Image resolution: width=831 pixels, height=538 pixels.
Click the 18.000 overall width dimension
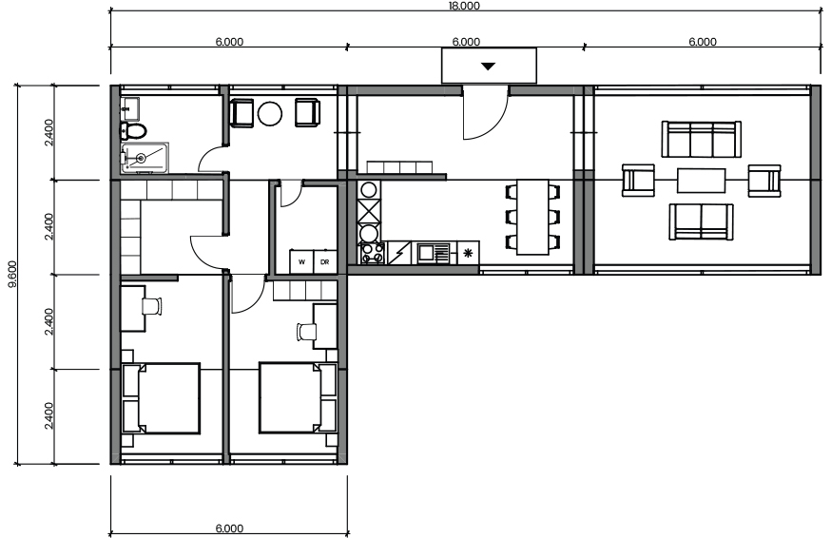pos(464,6)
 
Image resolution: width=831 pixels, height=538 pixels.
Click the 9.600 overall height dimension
pos(12,274)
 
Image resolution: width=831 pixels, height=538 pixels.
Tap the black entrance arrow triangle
pos(488,67)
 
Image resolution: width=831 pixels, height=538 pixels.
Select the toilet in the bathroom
pos(133,130)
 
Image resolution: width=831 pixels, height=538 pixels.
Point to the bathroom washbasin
pos(129,108)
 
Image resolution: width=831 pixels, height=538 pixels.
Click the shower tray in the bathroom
pos(145,158)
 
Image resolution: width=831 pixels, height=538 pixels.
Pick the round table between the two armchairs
pos(270,113)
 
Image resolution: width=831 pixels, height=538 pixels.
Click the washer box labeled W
pos(301,261)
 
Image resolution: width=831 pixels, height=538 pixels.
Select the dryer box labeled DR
pos(325,261)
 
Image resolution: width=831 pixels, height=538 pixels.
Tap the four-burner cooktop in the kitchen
pos(373,253)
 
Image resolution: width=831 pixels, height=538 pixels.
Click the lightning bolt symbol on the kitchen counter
pos(398,253)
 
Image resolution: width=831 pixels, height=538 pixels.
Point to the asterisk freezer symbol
pos(468,253)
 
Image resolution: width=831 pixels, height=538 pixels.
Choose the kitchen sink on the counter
pos(433,253)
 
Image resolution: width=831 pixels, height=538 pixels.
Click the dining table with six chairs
pos(532,217)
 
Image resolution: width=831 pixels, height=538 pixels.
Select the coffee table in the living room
pos(701,181)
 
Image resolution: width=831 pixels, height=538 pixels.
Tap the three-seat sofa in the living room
pos(701,139)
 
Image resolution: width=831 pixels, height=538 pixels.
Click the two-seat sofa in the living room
pos(701,222)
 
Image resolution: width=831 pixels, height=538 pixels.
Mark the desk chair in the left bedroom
pos(151,306)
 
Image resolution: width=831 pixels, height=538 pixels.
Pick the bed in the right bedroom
pos(298,398)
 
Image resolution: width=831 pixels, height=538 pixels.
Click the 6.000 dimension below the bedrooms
pos(229,528)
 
